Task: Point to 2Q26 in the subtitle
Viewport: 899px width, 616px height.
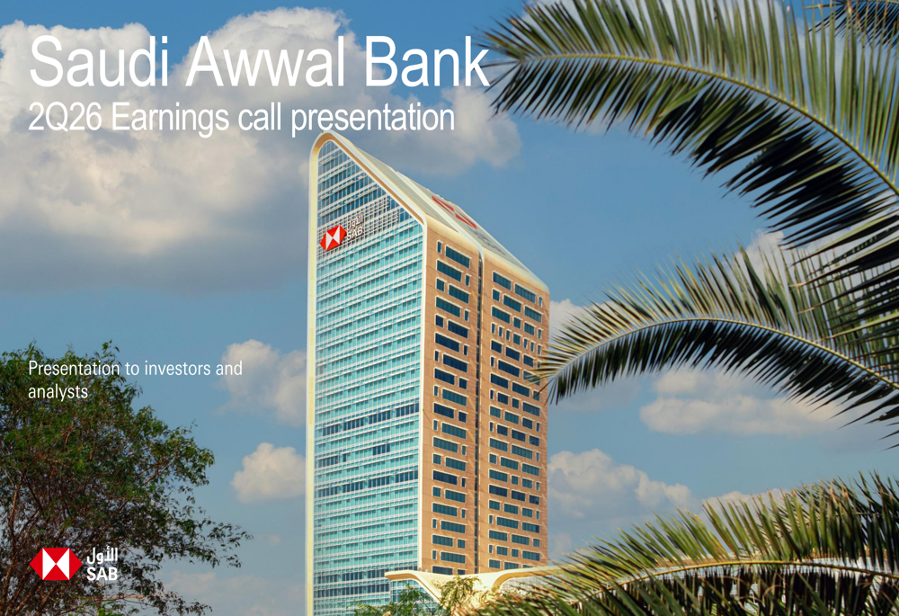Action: tap(65, 117)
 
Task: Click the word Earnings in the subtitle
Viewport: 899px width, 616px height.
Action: tap(170, 120)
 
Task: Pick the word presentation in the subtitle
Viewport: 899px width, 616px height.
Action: tap(373, 120)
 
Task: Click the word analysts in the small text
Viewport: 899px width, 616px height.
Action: tap(58, 392)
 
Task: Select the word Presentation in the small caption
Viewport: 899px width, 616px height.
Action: tap(75, 368)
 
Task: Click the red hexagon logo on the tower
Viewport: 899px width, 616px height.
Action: tap(333, 237)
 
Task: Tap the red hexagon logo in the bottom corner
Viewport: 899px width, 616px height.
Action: tap(56, 564)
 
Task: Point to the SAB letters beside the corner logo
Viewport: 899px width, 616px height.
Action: tap(102, 573)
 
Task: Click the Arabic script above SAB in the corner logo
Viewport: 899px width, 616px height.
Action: tap(102, 555)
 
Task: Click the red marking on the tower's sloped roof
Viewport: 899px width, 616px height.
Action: tap(453, 211)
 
